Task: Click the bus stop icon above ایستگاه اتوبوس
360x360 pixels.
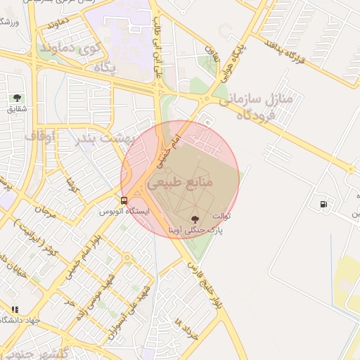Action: click(124, 200)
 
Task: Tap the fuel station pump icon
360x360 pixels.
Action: click(323, 204)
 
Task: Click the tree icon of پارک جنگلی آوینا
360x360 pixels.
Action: click(195, 219)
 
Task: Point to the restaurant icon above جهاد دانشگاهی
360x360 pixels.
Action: click(15, 309)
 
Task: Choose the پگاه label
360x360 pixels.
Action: click(104, 68)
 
